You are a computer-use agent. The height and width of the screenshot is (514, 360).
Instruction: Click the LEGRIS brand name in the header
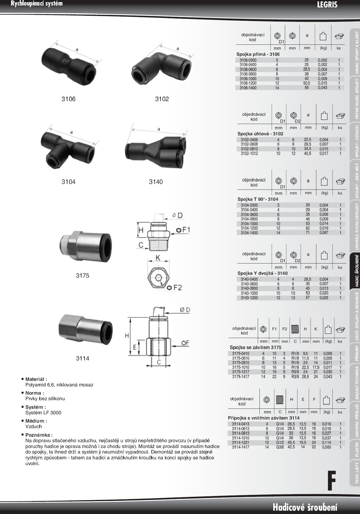327,5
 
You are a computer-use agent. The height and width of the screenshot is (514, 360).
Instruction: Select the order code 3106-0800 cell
248,74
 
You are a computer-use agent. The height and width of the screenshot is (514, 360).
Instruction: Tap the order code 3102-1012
249,154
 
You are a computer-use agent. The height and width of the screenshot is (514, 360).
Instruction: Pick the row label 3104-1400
249,233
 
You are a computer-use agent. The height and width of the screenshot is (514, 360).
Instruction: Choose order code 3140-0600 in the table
249,284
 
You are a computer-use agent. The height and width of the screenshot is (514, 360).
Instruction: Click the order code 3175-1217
241,372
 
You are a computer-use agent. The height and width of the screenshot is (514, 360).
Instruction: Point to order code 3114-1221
241,442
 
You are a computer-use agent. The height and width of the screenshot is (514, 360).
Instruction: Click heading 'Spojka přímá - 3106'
258,54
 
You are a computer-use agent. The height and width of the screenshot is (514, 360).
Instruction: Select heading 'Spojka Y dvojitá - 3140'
262,273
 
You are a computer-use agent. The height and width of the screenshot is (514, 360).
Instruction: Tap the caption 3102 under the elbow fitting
162,99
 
